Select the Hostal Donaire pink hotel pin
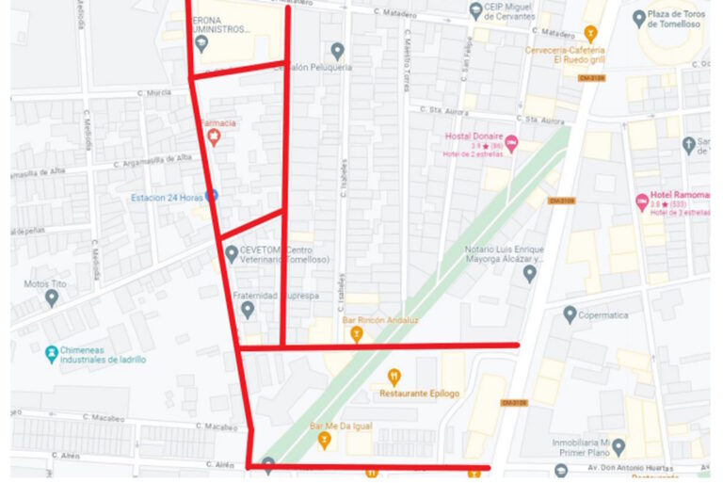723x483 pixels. point(512,144)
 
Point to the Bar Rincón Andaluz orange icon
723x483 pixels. point(357,333)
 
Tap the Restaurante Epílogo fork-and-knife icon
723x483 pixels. point(394,377)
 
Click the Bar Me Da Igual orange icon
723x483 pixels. point(325,439)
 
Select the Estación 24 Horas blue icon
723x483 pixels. point(212,195)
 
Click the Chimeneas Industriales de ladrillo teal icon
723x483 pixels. point(52,355)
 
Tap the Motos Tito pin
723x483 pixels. point(52,298)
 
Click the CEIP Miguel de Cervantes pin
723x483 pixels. point(476,11)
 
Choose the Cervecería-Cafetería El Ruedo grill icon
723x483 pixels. point(591,35)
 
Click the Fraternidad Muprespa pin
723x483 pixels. point(248,309)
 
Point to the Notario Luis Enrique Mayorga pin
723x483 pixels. point(529,273)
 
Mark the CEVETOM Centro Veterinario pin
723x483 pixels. point(232,253)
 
